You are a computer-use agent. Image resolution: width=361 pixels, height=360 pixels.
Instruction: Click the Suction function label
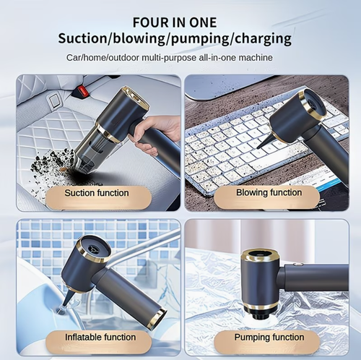(97, 193)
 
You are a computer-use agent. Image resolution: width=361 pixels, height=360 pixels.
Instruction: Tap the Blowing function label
(269, 193)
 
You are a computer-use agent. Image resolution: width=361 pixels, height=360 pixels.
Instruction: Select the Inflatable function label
(100, 338)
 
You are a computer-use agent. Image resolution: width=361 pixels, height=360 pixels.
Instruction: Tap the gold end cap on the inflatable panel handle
(157, 319)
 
